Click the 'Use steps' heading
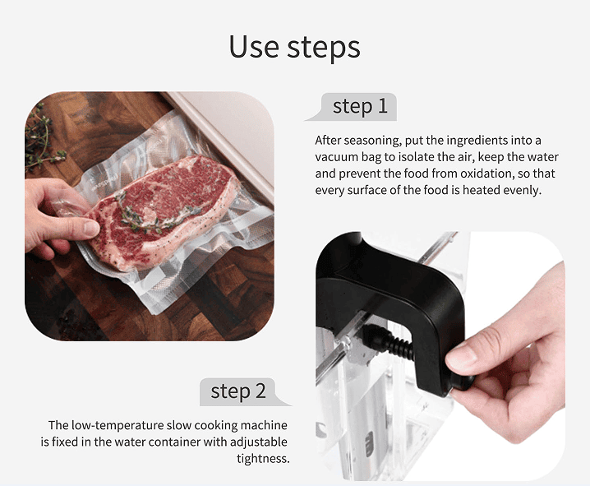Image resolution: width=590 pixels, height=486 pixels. tap(295, 47)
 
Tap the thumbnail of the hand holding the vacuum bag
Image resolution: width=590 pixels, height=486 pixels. tap(150, 216)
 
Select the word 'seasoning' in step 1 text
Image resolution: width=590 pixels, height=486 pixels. tap(371, 141)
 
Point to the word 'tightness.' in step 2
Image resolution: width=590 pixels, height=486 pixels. tap(263, 459)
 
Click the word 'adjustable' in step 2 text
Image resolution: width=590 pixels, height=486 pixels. tap(259, 442)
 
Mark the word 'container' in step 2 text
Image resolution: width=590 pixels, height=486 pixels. tap(174, 442)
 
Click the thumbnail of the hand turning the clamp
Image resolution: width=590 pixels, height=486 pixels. tap(440, 356)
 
